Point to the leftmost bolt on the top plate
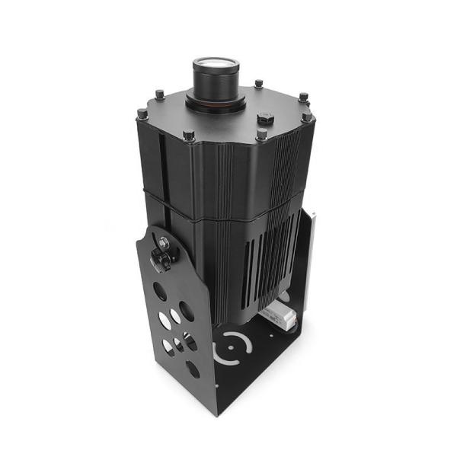click(142, 114)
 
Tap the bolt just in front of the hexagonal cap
click(261, 135)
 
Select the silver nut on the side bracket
click(164, 242)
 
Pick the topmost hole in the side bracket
click(159, 290)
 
